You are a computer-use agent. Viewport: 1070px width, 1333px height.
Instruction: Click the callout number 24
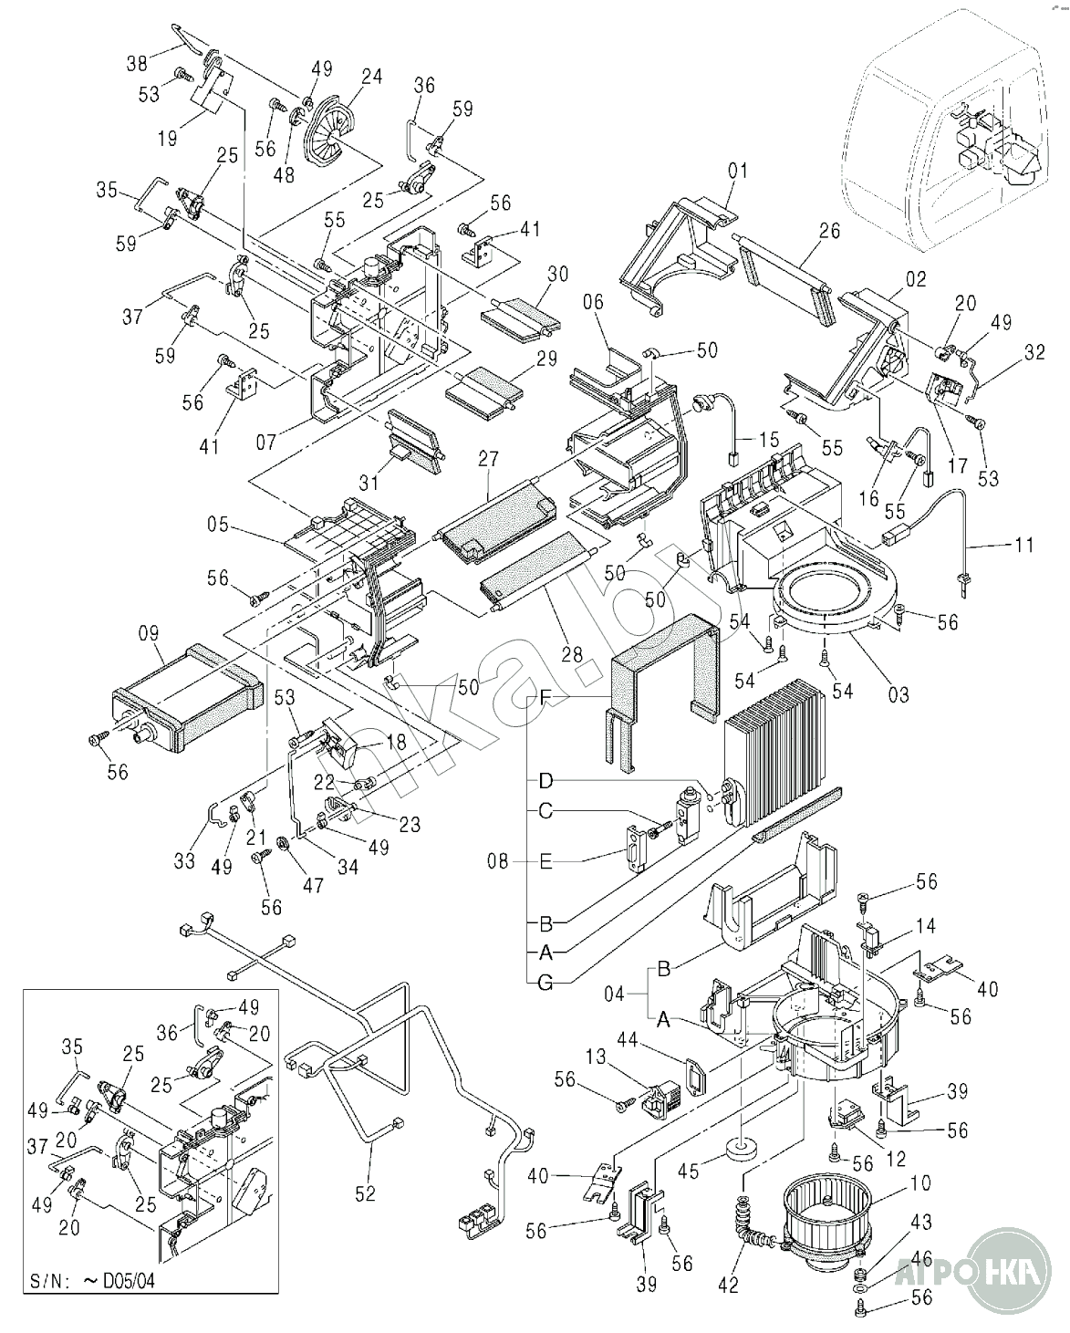[371, 77]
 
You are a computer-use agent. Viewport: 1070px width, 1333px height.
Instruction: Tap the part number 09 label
[149, 632]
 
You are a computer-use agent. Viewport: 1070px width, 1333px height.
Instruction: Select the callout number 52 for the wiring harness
[365, 1192]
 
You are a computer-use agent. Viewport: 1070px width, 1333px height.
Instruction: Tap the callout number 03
[899, 695]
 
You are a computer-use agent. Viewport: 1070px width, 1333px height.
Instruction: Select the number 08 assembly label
[499, 860]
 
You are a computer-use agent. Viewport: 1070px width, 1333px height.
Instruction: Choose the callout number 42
[728, 1285]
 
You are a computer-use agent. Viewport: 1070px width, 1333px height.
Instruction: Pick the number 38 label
[138, 63]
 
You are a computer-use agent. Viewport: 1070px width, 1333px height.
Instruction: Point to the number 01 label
[737, 170]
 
